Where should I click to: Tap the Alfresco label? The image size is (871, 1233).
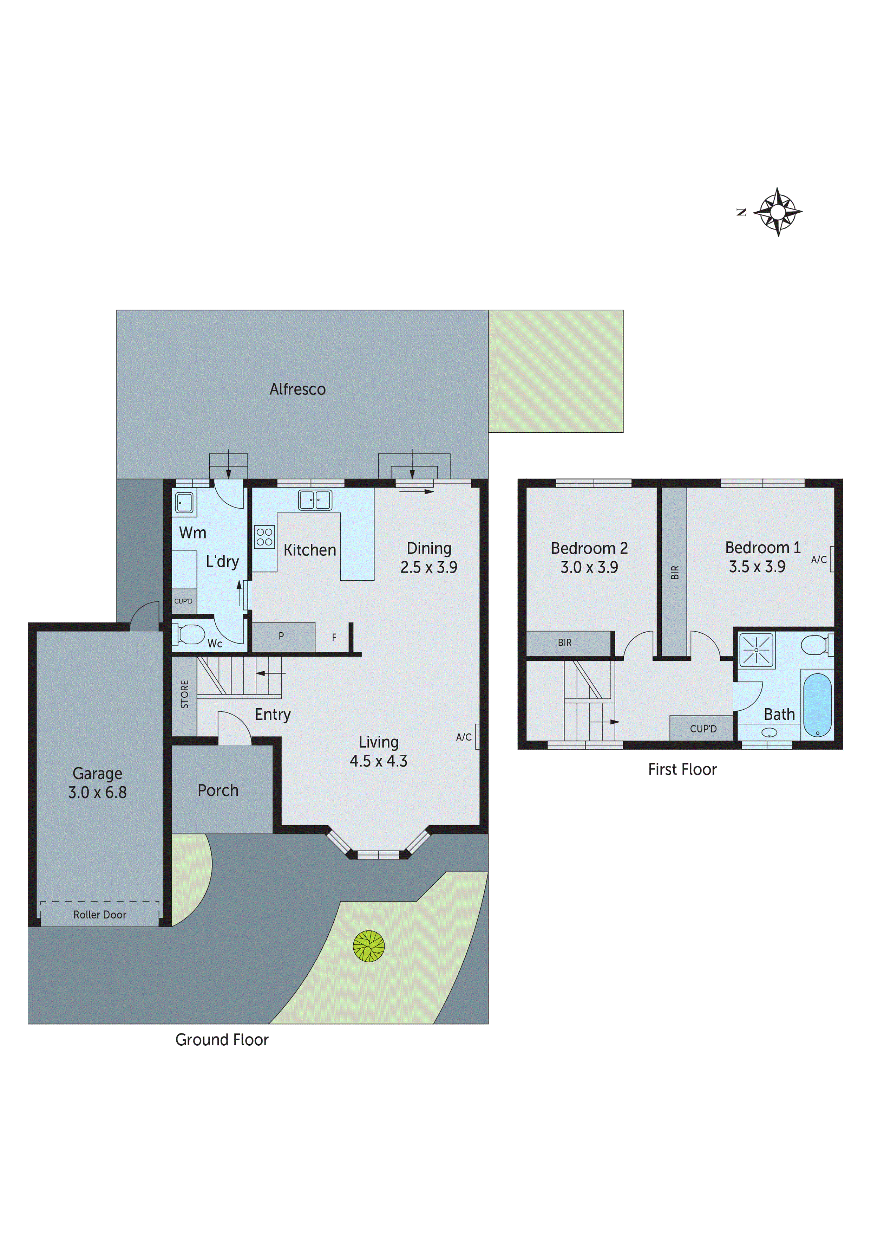tap(297, 389)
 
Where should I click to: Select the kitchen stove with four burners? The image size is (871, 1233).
tap(264, 536)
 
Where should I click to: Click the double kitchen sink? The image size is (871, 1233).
tap(315, 499)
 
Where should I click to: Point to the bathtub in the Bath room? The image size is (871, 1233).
tap(817, 705)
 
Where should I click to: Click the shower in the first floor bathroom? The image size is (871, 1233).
tap(756, 650)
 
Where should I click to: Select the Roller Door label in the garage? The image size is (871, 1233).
tap(100, 915)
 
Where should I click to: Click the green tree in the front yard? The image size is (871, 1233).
tap(369, 946)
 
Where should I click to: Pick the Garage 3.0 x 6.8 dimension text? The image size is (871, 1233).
tap(97, 792)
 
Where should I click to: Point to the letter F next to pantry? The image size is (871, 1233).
tap(334, 638)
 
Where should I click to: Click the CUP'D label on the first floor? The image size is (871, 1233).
tap(703, 729)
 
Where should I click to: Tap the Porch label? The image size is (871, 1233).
tap(218, 790)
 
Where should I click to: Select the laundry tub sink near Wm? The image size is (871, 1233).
tap(184, 503)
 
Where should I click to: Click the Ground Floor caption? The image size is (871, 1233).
tap(222, 1040)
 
